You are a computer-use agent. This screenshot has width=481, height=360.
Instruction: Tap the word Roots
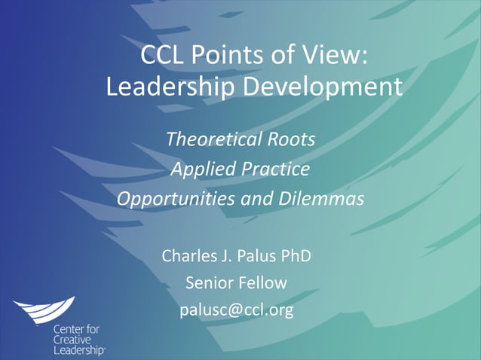[x=291, y=140]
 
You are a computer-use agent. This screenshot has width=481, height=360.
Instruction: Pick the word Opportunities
[x=178, y=200]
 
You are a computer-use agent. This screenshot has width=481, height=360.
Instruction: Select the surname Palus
[x=257, y=256]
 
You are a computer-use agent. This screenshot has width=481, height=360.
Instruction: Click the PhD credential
[x=296, y=256]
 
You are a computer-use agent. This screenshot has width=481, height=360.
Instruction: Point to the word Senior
[x=206, y=283]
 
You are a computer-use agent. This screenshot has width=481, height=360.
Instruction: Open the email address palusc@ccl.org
[x=236, y=310]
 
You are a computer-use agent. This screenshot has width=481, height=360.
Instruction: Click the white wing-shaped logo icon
[x=44, y=310]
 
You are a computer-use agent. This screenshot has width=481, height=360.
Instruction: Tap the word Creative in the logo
[x=70, y=340]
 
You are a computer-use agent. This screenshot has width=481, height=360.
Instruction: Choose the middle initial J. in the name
[x=223, y=256]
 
